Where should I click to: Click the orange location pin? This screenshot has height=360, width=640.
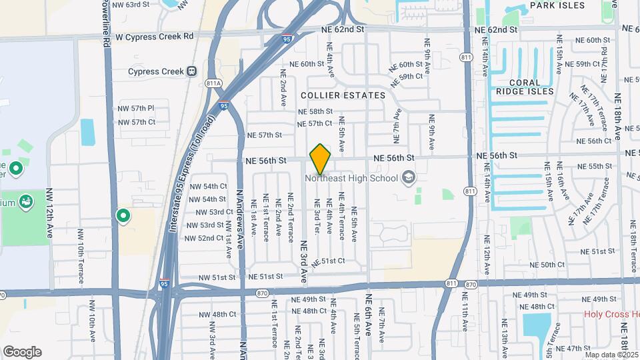coord(320,159)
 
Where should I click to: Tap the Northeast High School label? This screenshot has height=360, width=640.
coord(352,178)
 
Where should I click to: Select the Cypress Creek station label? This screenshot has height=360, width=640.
coord(156,71)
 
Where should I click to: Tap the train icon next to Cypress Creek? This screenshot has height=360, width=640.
coord(192,71)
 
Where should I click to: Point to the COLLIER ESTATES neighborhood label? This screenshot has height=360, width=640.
coord(343,95)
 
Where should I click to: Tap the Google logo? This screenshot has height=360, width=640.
coord(22,352)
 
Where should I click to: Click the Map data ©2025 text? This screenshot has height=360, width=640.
coord(611,355)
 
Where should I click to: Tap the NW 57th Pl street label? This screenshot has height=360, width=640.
coord(136,108)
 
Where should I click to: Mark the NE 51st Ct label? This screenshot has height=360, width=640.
coord(331,261)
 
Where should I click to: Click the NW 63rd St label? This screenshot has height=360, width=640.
coord(131,5)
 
